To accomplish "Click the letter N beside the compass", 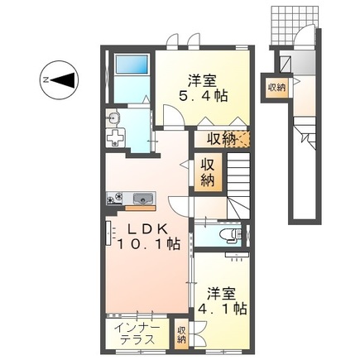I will (46, 80).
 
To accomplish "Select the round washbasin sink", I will (113, 120).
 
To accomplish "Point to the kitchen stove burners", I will (118, 198).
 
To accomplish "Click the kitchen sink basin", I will (142, 198).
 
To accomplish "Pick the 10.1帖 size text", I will (146, 245).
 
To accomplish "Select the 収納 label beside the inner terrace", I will (181, 335).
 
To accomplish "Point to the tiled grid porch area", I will (285, 26).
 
